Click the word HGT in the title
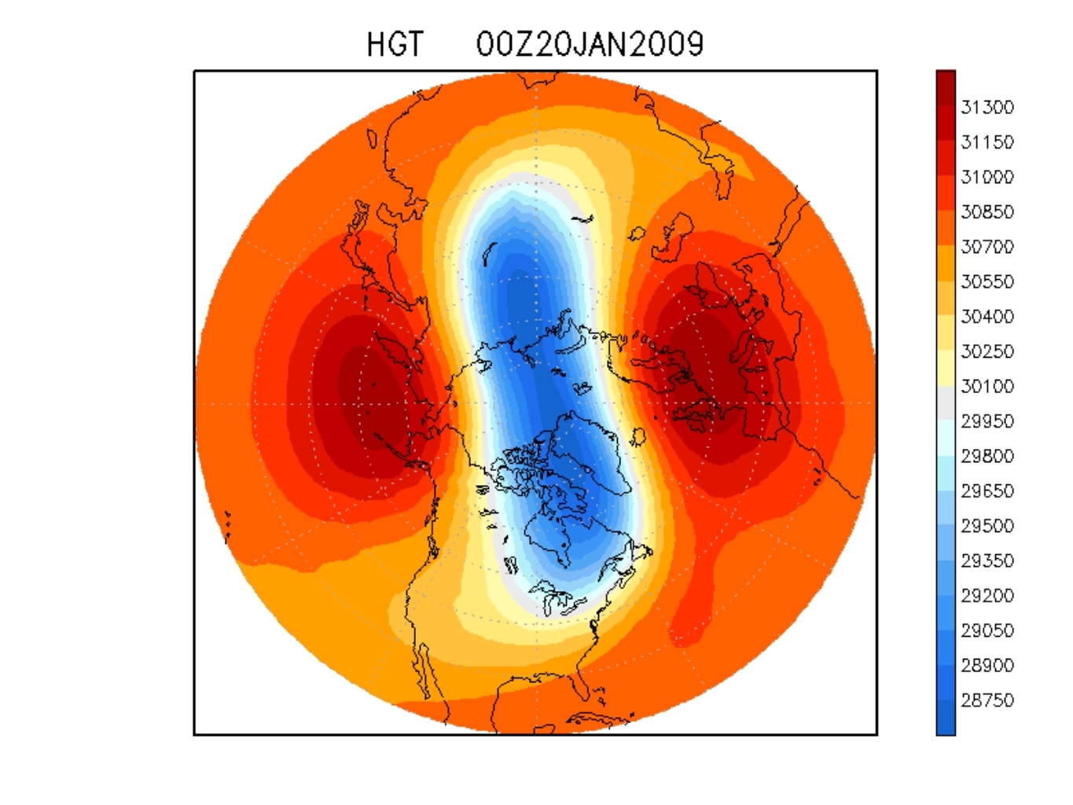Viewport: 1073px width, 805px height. click(395, 45)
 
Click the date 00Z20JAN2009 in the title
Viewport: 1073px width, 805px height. click(590, 45)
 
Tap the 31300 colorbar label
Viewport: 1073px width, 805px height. click(987, 107)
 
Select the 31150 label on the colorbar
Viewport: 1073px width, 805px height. click(987, 142)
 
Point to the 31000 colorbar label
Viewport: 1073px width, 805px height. click(987, 177)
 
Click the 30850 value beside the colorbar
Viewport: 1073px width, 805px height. click(987, 212)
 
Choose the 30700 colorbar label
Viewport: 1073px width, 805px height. click(987, 247)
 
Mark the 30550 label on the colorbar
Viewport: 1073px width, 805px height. click(987, 281)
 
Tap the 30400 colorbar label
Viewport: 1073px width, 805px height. click(987, 317)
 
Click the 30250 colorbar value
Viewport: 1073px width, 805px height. click(987, 351)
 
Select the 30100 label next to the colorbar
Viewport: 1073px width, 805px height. click(987, 387)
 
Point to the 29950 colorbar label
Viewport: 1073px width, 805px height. click(987, 421)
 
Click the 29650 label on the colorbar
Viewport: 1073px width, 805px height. click(987, 491)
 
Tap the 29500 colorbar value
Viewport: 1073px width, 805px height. click(987, 526)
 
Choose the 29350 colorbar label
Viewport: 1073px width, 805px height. click(987, 561)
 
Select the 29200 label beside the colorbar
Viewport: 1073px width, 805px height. click(987, 596)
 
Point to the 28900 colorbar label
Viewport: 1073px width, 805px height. click(987, 666)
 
